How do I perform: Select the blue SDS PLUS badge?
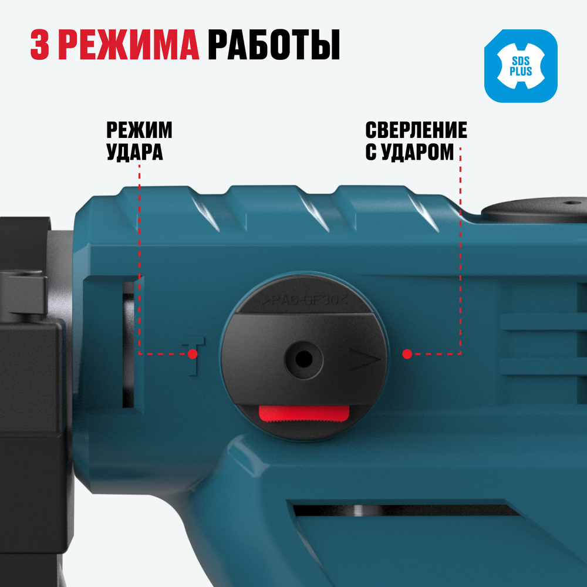(521, 66)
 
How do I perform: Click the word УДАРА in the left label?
(134, 152)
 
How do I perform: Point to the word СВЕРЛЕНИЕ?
(416, 130)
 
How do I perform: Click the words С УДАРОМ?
(409, 152)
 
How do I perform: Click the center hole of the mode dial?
(303, 357)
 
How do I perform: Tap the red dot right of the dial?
(407, 354)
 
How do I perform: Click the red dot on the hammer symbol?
(193, 354)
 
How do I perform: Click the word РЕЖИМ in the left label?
(139, 130)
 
